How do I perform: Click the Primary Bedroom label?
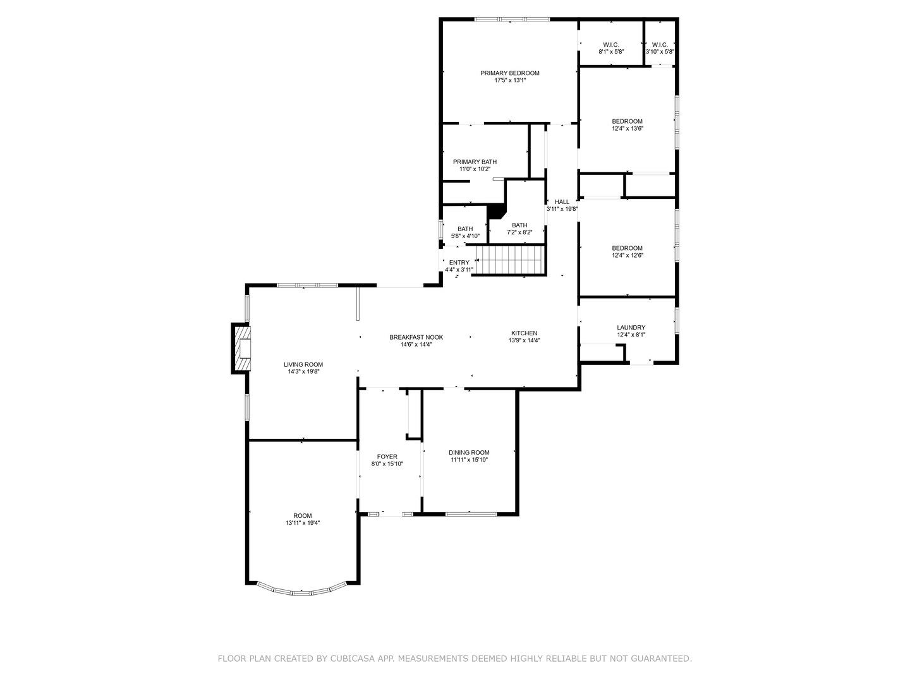coord(509,73)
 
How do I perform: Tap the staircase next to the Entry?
coord(510,260)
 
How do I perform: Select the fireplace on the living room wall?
coord(242,349)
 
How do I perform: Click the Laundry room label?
coord(631,328)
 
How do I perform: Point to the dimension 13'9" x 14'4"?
coord(524,340)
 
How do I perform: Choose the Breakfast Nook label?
coord(416,337)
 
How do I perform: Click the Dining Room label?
coord(469,452)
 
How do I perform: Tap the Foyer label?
coord(387,457)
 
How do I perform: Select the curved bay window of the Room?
coord(303,591)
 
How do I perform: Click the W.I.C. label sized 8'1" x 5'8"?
coord(610,44)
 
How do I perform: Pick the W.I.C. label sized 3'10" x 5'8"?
coord(659,44)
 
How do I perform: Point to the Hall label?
coord(561,202)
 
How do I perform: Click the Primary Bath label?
coord(475,162)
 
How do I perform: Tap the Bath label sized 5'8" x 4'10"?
coord(465,229)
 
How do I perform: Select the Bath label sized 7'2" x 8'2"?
coord(519,225)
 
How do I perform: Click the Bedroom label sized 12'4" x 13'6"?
coord(627,121)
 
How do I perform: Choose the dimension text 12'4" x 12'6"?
coord(627,256)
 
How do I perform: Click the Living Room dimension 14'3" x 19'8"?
coord(303,372)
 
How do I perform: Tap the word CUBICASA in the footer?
coord(358,659)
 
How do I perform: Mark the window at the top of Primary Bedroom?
coord(511,20)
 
